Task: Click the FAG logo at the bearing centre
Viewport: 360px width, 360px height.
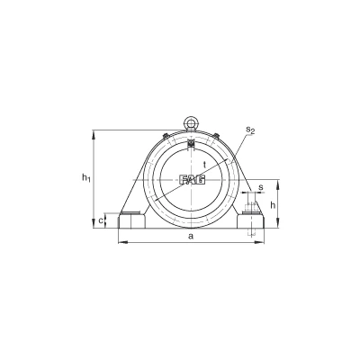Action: [193, 179]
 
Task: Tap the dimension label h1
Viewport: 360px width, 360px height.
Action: [86, 178]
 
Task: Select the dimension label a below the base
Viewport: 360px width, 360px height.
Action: [191, 237]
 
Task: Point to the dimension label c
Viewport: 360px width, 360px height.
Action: [101, 221]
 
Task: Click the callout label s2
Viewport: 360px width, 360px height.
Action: [250, 130]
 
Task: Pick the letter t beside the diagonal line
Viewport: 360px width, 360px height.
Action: [204, 165]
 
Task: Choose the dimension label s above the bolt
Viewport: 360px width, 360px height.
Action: [261, 187]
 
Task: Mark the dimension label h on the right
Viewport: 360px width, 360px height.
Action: [273, 205]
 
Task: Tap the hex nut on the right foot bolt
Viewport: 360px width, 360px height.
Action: [251, 207]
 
